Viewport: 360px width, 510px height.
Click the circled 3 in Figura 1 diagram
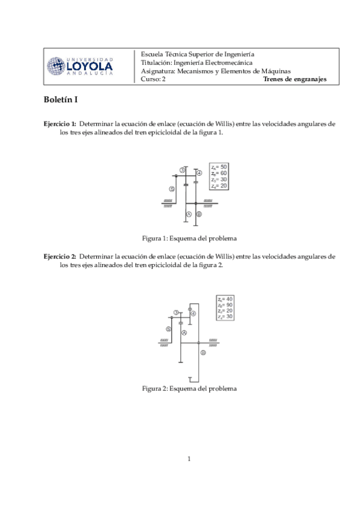point(182,170)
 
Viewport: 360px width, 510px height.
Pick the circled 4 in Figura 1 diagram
point(199,173)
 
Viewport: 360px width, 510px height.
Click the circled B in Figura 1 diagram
point(199,214)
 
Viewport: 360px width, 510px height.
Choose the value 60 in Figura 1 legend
point(223,173)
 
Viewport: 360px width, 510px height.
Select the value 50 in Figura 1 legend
point(223,167)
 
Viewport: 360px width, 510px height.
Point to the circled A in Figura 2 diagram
point(185,332)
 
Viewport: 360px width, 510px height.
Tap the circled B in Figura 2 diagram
point(203,353)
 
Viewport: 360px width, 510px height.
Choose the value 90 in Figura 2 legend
point(229,304)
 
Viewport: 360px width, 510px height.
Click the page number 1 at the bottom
point(189,460)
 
